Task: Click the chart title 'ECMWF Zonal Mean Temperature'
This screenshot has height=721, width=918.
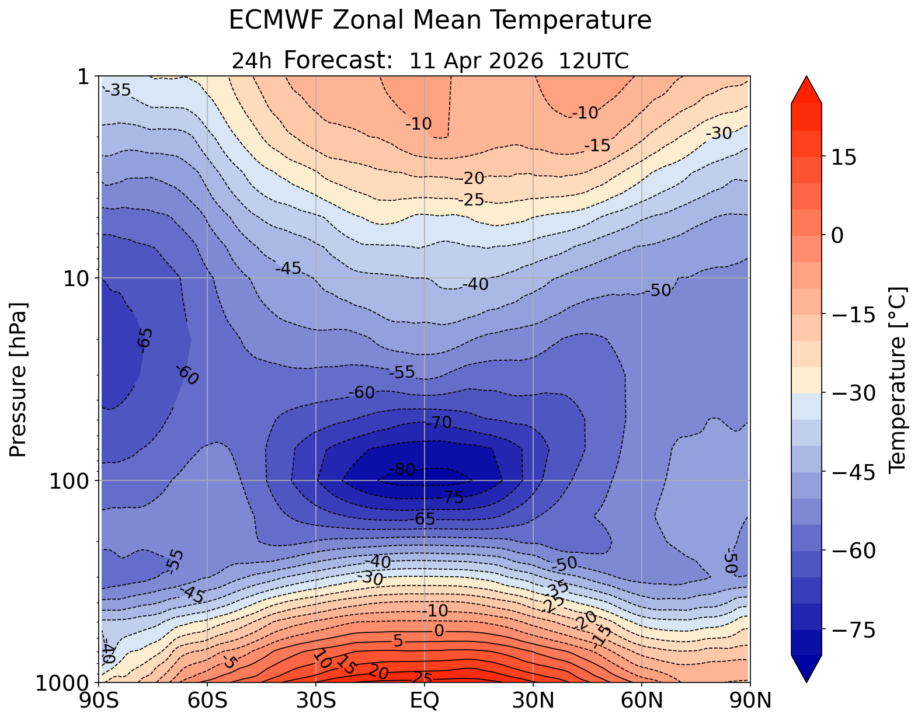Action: point(440,21)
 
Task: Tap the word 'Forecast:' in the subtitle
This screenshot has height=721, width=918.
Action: point(338,60)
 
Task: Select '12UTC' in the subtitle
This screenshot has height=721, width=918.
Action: point(593,61)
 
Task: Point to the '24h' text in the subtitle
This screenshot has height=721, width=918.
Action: point(252,61)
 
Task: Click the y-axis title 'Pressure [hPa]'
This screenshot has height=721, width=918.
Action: point(19,379)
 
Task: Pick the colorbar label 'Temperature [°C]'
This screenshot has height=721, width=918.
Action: point(896,379)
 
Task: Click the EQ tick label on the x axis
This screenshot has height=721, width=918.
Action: point(425,700)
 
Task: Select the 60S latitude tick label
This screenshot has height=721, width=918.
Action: point(207,700)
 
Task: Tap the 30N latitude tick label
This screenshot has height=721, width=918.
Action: point(533,700)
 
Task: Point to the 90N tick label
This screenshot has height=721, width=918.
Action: point(750,700)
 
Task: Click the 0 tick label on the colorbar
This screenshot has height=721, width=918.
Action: point(837,235)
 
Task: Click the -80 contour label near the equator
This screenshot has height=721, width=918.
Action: point(402,469)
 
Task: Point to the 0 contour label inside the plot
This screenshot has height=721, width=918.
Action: point(439,631)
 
